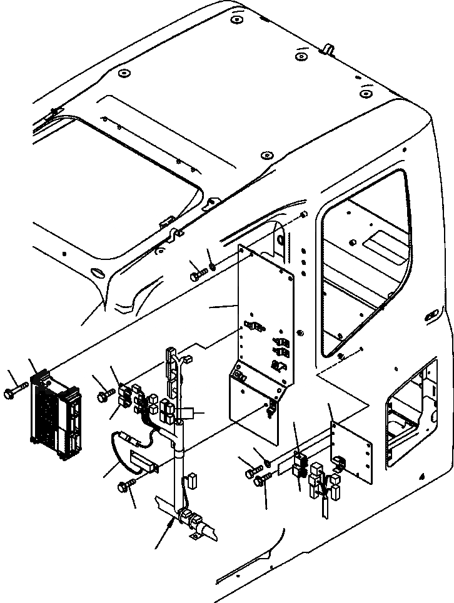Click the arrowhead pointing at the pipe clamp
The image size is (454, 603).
point(169,529)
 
